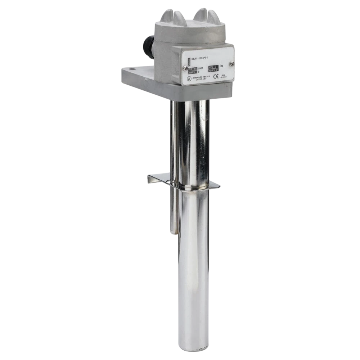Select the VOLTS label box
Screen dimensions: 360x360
point(213,67)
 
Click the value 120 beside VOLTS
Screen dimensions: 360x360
point(221,66)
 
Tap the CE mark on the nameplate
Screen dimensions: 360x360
point(216,76)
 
